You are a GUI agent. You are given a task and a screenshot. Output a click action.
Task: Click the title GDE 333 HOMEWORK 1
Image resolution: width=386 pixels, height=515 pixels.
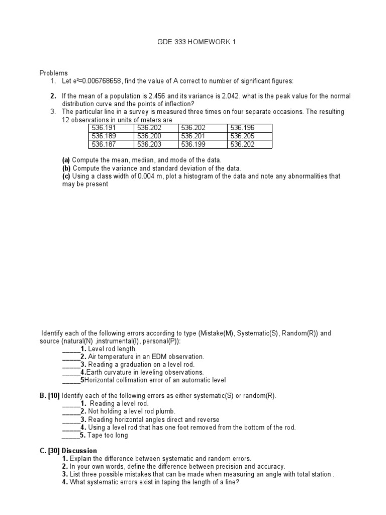197,42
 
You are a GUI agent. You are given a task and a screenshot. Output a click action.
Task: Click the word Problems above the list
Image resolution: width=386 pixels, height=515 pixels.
54,73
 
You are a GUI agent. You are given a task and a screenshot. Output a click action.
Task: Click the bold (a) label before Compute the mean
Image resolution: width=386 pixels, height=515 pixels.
66,160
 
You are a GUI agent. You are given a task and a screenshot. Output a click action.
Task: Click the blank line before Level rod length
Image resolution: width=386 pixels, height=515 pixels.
71,349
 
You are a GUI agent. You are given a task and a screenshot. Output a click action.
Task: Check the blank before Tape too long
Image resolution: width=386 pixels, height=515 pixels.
71,436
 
